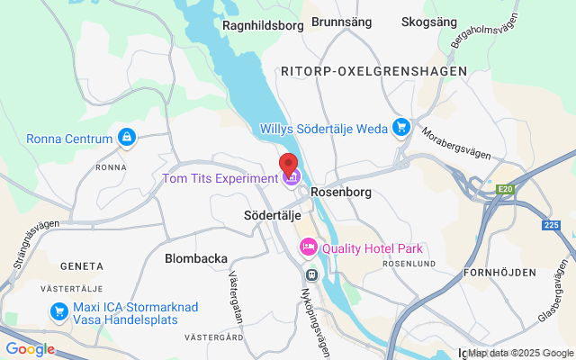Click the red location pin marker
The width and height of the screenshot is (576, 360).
(x=288, y=164)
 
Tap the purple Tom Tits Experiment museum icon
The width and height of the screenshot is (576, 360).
(x=291, y=178)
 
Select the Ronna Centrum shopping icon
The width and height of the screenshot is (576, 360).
(x=127, y=139)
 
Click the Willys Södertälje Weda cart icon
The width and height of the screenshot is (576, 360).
(x=401, y=128)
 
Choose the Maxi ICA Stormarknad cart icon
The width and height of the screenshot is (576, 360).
(x=59, y=311)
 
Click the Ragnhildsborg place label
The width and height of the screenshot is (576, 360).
(x=263, y=25)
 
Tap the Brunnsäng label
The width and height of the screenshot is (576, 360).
(x=341, y=21)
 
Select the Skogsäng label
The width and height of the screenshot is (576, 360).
(x=429, y=21)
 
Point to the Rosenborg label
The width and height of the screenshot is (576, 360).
(x=341, y=192)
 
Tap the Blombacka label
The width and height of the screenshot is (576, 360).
(x=196, y=258)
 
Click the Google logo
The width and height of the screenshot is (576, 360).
(x=30, y=349)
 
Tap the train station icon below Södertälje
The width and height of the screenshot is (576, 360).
(x=311, y=274)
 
